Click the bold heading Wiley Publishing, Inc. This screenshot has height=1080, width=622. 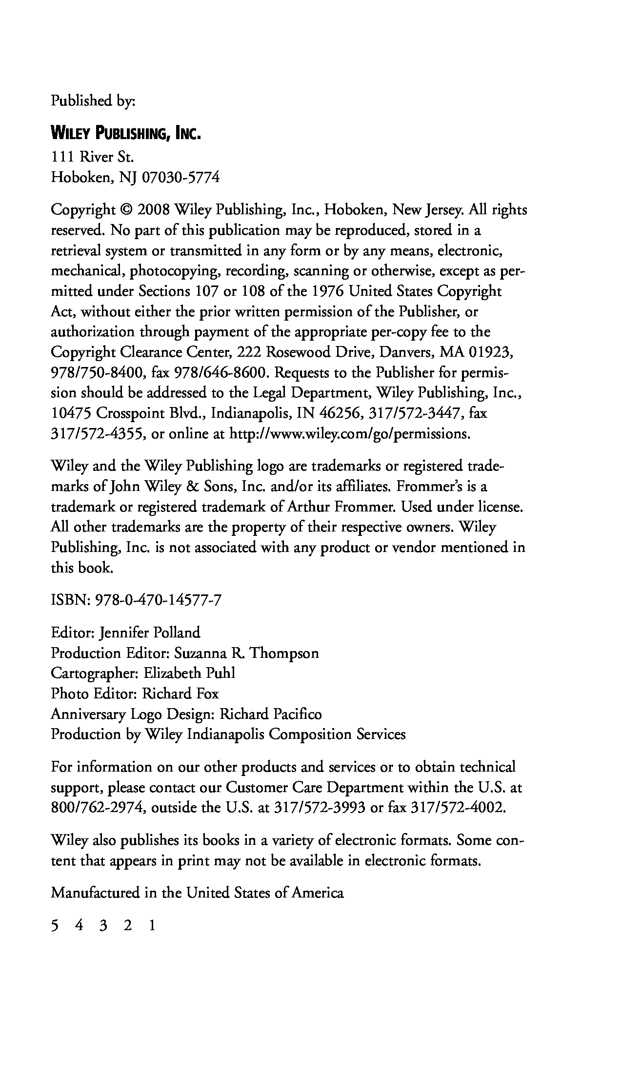pyautogui.click(x=126, y=133)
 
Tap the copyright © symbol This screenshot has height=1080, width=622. pyautogui.click(x=125, y=210)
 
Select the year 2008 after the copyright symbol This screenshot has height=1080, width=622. pyautogui.click(x=153, y=210)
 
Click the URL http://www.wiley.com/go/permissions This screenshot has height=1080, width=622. pyautogui.click(x=349, y=434)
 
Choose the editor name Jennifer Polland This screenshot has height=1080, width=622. pyautogui.click(x=149, y=633)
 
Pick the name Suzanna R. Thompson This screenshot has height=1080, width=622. pyautogui.click(x=246, y=653)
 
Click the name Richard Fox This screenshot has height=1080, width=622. pyautogui.click(x=180, y=694)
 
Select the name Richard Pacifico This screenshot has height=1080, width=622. pyautogui.click(x=270, y=714)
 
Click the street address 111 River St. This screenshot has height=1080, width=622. pyautogui.click(x=92, y=157)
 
